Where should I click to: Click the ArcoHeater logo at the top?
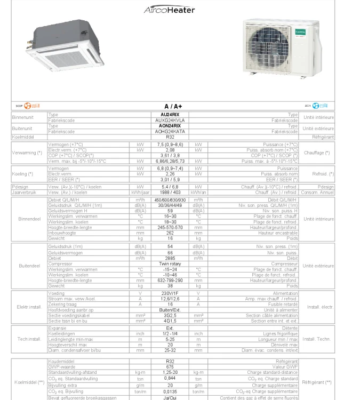pos(170,10)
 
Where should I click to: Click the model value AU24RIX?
pos(170,115)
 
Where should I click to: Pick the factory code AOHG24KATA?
pos(170,131)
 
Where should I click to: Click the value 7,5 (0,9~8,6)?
pos(170,145)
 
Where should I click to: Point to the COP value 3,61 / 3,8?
pos(170,155)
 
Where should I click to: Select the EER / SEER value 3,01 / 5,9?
pos(170,179)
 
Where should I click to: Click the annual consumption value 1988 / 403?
pos(170,192)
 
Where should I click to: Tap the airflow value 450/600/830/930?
pos(170,200)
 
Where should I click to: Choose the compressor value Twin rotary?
pos(170,263)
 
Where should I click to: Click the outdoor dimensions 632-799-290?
pos(170,280)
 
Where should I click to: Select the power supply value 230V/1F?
pos(170,293)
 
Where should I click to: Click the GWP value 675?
pos(170,367)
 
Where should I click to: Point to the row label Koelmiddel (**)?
pos(29,382)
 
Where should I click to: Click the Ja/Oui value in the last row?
pos(170,397)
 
